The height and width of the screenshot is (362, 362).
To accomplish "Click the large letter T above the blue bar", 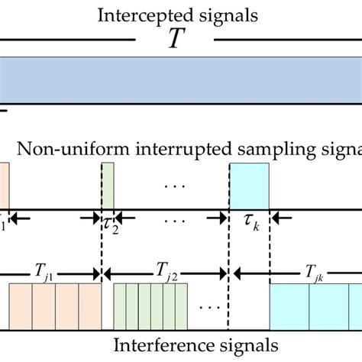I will click(x=176, y=39).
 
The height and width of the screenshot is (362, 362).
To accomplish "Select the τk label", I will click(x=249, y=222).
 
